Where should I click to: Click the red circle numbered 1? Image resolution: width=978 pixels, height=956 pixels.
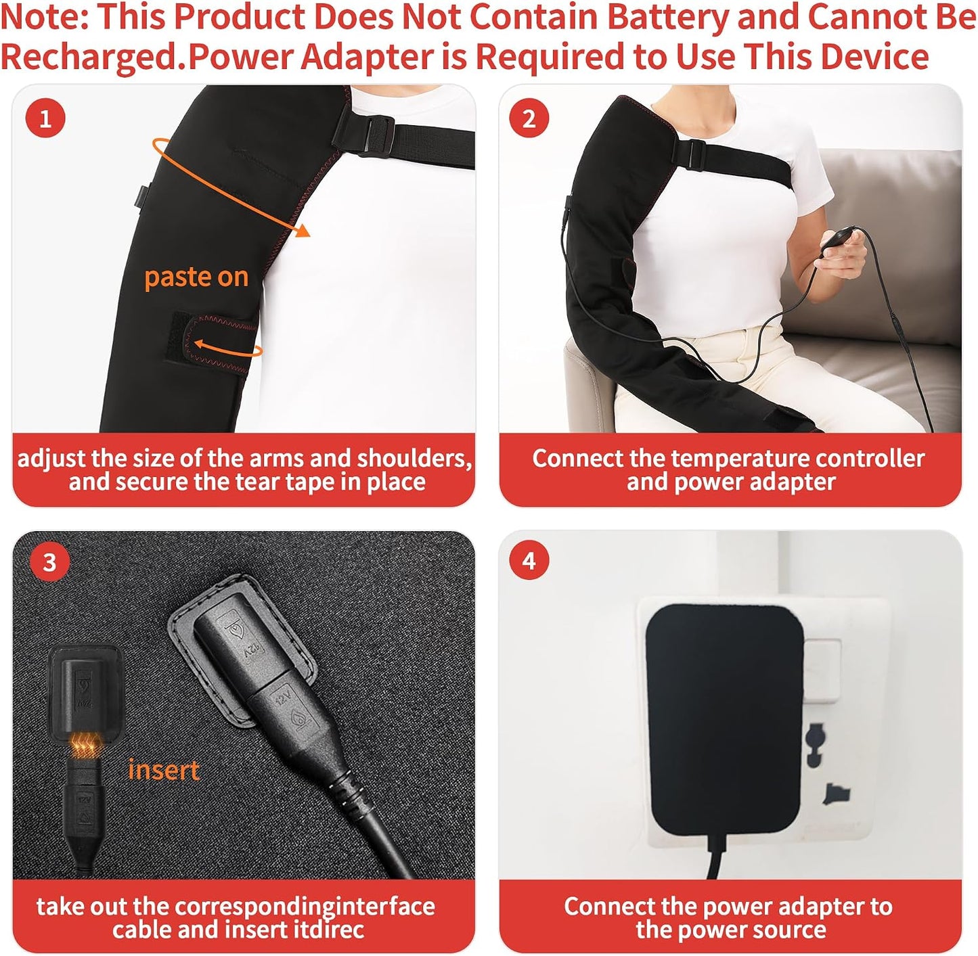(46, 118)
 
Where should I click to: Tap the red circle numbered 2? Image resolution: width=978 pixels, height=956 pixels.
(529, 118)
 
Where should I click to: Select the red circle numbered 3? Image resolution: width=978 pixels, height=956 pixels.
(49, 561)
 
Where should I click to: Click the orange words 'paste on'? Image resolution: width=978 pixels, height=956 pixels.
(196, 277)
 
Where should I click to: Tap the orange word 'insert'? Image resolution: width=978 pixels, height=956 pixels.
(164, 770)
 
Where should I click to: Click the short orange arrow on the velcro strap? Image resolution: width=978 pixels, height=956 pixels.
(227, 348)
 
